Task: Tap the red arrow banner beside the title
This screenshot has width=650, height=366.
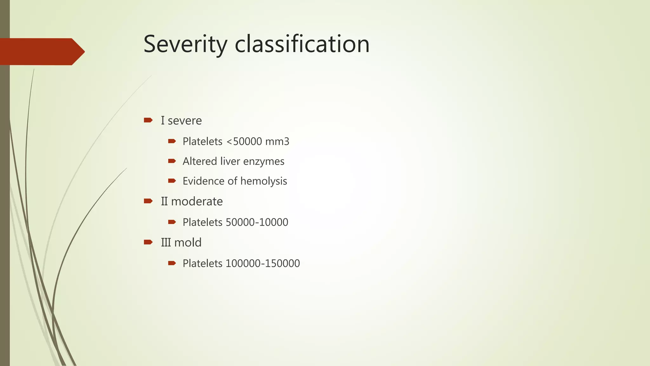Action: [x=41, y=51]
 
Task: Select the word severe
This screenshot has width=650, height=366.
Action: [x=184, y=121]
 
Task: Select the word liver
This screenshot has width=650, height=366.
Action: [x=230, y=161]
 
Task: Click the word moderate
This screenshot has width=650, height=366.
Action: [x=197, y=201]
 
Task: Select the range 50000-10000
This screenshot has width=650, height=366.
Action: [x=257, y=222]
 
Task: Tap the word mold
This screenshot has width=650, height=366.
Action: [x=188, y=243]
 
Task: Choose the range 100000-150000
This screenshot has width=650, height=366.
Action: [x=262, y=263]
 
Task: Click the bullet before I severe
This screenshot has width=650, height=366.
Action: [x=148, y=120]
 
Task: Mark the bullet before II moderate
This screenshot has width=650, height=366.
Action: [x=148, y=201]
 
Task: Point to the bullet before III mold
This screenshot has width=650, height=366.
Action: [x=148, y=242]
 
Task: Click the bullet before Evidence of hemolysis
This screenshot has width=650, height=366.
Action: [x=172, y=181]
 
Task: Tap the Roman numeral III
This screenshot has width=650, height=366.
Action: [x=166, y=243]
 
